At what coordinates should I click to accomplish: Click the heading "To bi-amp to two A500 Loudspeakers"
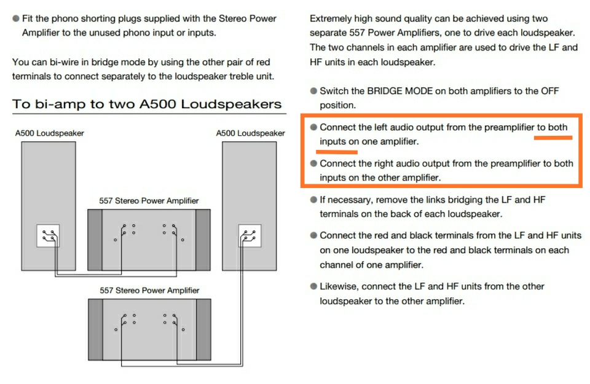[147, 104]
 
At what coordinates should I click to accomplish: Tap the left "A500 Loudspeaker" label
[49, 133]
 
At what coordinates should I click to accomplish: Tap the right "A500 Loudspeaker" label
[250, 133]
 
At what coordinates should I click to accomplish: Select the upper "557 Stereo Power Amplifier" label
[149, 201]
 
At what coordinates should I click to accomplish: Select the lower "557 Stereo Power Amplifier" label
[149, 291]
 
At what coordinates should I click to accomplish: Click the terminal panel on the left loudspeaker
[48, 236]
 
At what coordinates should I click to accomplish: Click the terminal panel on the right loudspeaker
[250, 236]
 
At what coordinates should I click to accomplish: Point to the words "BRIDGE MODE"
[400, 91]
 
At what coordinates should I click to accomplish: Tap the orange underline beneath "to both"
[553, 138]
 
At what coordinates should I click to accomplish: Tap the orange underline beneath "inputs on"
[337, 152]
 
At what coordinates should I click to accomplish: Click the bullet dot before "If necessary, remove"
[313, 200]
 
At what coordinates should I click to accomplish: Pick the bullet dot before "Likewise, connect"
[313, 286]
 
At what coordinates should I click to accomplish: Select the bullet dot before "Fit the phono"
[16, 18]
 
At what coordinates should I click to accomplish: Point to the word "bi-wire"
[63, 62]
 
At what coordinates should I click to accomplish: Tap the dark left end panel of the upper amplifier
[95, 240]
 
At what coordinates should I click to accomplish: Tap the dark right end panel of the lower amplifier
[203, 329]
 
